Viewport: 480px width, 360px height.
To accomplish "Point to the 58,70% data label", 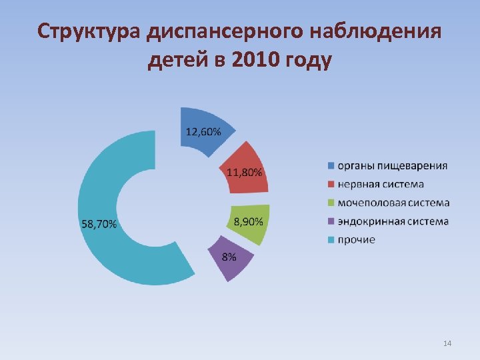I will (x=99, y=224).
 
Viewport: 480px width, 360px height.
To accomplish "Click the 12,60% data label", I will (x=203, y=131).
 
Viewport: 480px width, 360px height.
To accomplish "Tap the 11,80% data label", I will (x=245, y=173).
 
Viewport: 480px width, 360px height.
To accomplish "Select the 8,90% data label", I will (x=248, y=221).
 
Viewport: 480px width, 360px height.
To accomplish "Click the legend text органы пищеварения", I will (x=392, y=165).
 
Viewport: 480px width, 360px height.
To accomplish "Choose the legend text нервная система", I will (x=380, y=184).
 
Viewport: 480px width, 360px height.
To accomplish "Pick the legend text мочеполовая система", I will (x=393, y=203).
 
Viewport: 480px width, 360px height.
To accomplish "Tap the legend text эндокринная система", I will (x=393, y=221).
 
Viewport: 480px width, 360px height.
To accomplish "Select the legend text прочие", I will (x=356, y=239).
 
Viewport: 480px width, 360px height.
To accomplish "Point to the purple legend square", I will (x=330, y=221).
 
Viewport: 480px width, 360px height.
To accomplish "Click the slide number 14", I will (x=447, y=343).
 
